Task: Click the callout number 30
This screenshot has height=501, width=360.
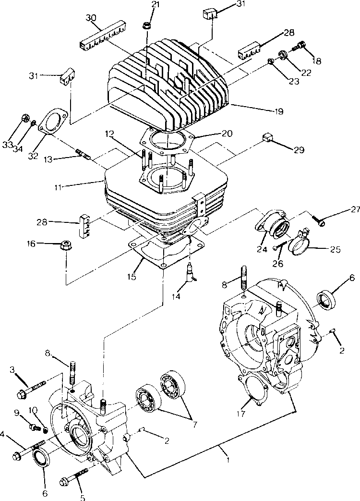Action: click(91, 18)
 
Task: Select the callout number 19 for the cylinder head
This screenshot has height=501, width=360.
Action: click(278, 111)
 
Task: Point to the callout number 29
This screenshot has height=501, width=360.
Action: click(299, 150)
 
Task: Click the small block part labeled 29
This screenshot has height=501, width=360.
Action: click(267, 138)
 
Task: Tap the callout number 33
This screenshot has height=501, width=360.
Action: click(7, 145)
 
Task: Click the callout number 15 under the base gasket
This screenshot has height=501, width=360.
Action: click(132, 276)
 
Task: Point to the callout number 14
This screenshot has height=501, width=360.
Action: click(176, 296)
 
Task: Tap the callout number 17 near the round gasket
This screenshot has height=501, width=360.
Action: click(241, 414)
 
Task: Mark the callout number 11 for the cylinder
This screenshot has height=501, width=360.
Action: click(58, 186)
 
